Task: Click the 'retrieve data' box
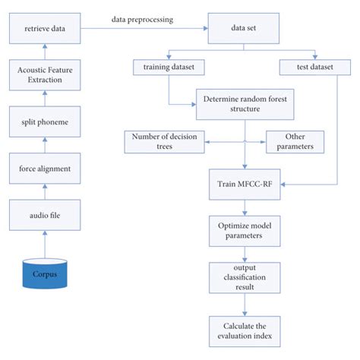point(45,30)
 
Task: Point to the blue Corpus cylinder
point(45,273)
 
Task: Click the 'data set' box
point(245,30)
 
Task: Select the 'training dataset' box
point(169,68)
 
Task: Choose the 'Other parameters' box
point(295,141)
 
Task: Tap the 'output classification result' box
point(245,276)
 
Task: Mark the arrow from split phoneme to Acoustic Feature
point(45,97)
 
